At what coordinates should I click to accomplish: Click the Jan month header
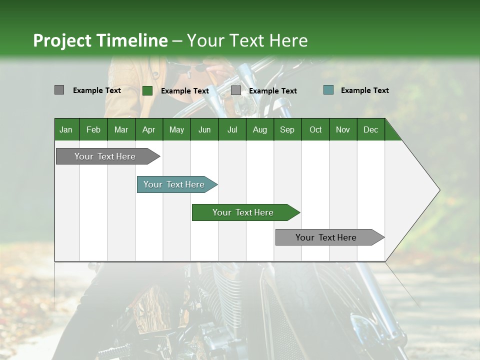point(66,129)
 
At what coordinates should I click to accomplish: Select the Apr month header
point(148,129)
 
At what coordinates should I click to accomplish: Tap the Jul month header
point(232,129)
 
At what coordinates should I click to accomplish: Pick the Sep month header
point(287,129)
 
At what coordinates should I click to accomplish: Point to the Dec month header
point(370,129)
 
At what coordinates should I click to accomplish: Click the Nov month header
point(342,129)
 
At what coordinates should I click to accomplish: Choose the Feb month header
point(93,129)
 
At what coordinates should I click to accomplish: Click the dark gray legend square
point(59,90)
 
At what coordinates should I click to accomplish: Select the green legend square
point(147,90)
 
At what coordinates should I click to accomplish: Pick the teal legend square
point(328,90)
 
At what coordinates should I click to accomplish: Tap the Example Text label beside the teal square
point(364,90)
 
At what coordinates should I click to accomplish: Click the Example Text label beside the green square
point(184,91)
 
